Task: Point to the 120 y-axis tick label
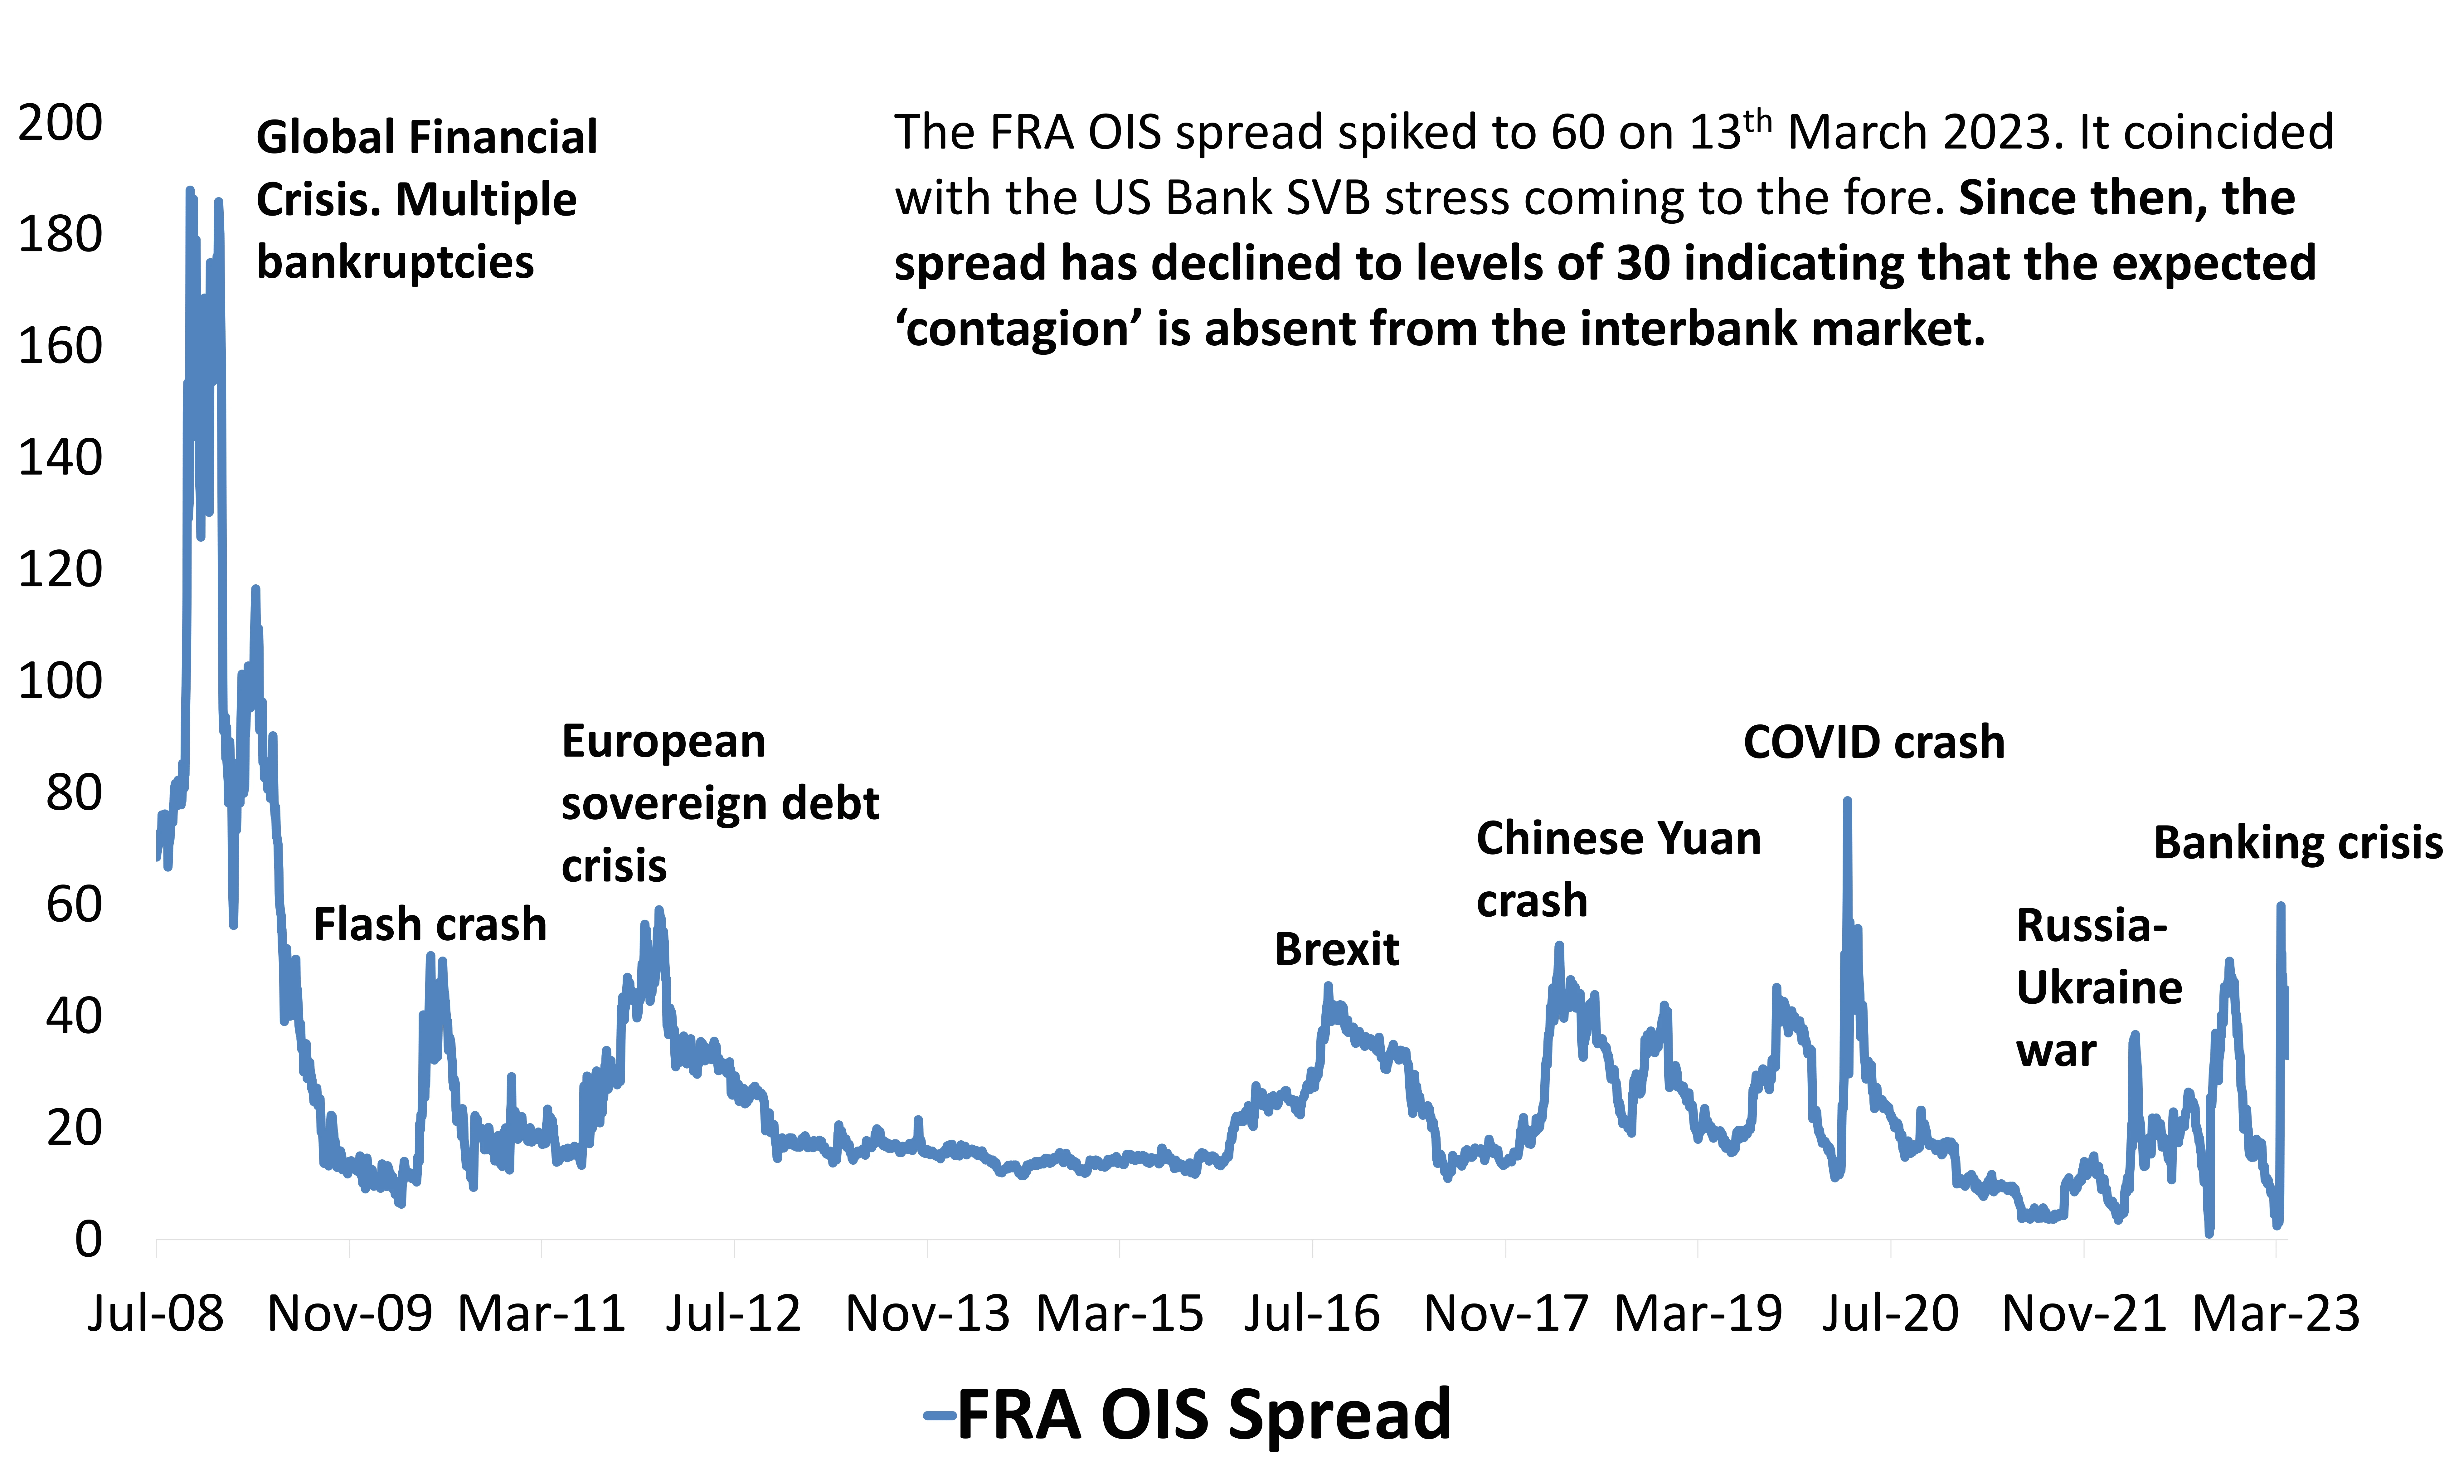(x=60, y=570)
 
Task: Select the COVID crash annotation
(x=1874, y=743)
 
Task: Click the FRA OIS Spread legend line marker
(x=939, y=1416)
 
